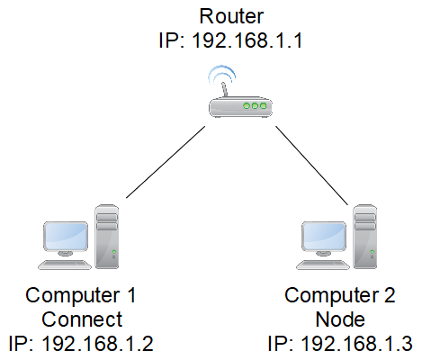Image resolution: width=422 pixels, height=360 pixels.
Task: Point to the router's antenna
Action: (x=220, y=85)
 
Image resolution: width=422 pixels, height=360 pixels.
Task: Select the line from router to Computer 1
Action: (x=166, y=160)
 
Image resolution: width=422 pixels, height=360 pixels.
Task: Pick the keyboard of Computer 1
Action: (x=65, y=265)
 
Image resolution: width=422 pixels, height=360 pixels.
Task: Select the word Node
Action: (x=338, y=319)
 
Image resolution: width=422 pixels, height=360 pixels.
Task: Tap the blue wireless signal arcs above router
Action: (x=220, y=74)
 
